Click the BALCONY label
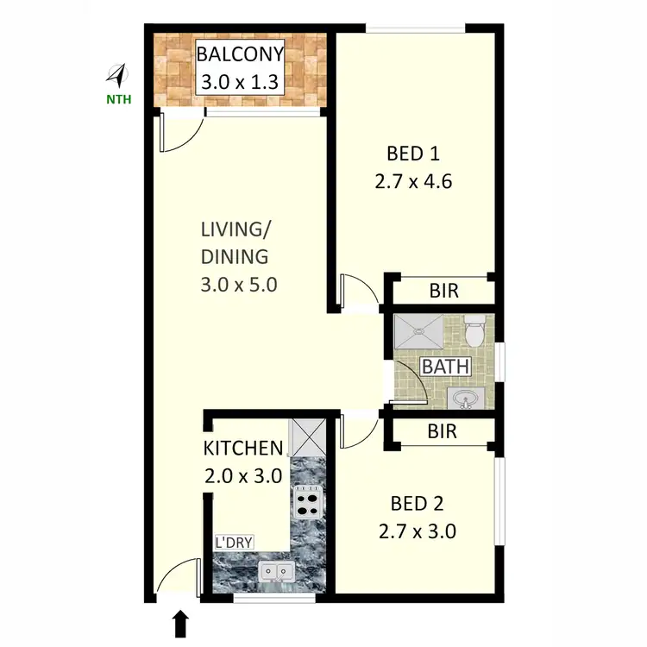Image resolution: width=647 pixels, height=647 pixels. tap(240, 55)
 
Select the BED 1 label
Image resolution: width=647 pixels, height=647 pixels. tap(413, 154)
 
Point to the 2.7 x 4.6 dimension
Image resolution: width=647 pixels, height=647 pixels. tap(413, 182)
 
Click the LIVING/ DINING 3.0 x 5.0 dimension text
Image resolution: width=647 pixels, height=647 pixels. tap(238, 285)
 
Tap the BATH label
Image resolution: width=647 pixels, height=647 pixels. tap(445, 367)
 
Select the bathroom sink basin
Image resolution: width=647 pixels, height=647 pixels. tap(466, 399)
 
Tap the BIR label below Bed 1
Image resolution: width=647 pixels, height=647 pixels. tap(444, 292)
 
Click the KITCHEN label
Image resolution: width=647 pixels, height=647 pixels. tap(242, 449)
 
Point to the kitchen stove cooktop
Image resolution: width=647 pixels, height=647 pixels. tap(307, 501)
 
